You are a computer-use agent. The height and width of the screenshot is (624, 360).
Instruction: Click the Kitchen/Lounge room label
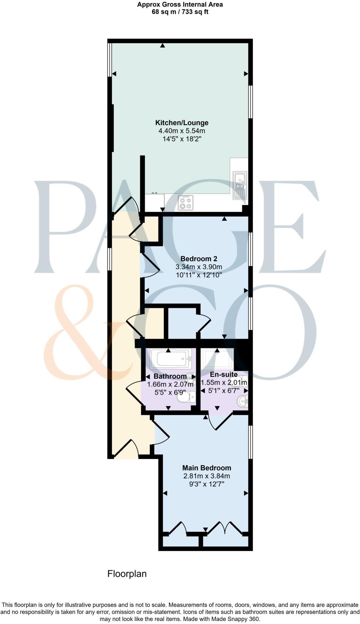(182, 123)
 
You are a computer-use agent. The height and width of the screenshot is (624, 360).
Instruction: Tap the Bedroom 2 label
(199, 258)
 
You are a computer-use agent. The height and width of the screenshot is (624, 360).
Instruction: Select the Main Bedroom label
(207, 468)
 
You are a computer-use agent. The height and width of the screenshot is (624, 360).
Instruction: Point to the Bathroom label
(170, 376)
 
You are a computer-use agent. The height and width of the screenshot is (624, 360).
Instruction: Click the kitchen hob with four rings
(185, 203)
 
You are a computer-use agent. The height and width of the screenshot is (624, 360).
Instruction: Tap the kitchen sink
(239, 185)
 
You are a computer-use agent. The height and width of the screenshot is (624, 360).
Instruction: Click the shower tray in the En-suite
(217, 358)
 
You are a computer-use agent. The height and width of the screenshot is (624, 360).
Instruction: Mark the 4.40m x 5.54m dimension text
(182, 131)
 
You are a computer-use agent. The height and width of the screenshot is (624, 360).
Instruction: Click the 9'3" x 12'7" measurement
(206, 484)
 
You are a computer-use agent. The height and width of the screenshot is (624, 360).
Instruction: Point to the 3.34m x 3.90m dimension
(199, 267)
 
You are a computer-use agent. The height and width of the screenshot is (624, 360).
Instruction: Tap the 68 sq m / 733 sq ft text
(180, 12)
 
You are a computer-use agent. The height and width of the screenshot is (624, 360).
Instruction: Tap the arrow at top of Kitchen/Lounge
(163, 46)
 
